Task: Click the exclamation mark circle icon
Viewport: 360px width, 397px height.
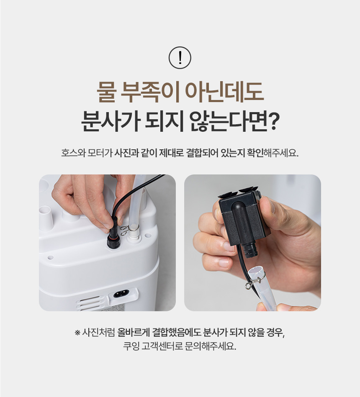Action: pyautogui.click(x=180, y=58)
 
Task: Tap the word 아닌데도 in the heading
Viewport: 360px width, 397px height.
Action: pyautogui.click(x=224, y=92)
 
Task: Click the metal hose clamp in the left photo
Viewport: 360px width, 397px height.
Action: pyautogui.click(x=128, y=229)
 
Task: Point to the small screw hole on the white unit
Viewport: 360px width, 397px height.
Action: pyautogui.click(x=50, y=258)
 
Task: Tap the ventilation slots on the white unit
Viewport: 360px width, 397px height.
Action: pyautogui.click(x=89, y=303)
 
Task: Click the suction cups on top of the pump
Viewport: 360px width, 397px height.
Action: pyautogui.click(x=238, y=193)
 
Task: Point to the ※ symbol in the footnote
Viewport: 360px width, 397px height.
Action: pyautogui.click(x=77, y=333)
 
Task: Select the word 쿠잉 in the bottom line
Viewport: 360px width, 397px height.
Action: pyautogui.click(x=131, y=346)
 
